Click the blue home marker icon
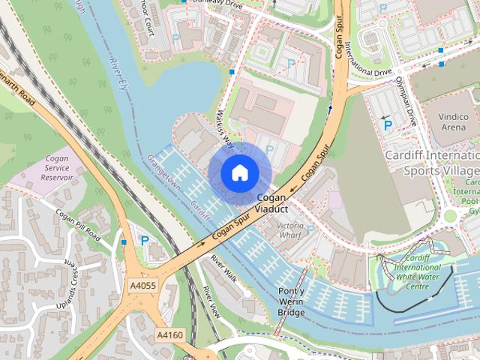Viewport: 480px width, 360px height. [240, 172]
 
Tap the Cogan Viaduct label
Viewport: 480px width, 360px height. [271, 203]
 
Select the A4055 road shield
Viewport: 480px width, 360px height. [142, 286]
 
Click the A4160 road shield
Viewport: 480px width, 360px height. [169, 334]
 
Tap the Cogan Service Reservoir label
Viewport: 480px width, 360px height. [57, 169]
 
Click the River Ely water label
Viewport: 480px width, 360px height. [119, 73]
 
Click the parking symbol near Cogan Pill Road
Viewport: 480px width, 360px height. [144, 241]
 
